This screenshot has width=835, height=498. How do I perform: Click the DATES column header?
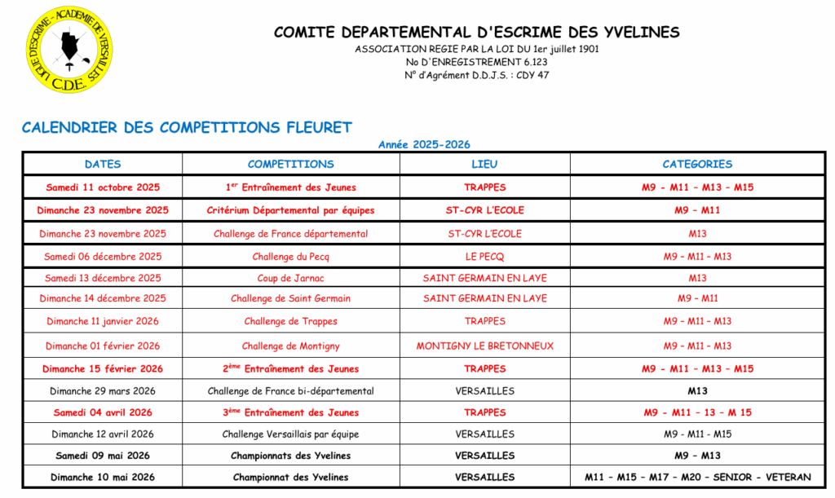[103, 164]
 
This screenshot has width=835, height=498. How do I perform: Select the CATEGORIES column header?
[697, 164]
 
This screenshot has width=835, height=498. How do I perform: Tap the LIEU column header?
[484, 164]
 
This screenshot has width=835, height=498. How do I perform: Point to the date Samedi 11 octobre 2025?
[103, 187]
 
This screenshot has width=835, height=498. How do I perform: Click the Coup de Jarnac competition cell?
[290, 278]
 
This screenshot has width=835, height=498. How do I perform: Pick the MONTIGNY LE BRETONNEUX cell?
[484, 346]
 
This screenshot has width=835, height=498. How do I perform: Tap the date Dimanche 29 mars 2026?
[103, 391]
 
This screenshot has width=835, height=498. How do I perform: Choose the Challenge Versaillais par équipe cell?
[290, 434]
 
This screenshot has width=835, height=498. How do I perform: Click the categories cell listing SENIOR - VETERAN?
[697, 477]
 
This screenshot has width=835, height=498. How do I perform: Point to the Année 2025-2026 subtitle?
[424, 144]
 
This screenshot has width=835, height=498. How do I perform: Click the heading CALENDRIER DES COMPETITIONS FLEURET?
[187, 127]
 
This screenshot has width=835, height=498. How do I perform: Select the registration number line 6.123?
[476, 62]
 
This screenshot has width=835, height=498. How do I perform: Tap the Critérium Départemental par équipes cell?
[290, 210]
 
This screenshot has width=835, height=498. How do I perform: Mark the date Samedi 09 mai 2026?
[103, 456]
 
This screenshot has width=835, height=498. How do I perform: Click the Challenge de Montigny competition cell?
[290, 346]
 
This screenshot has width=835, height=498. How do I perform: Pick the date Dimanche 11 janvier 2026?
[103, 321]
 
